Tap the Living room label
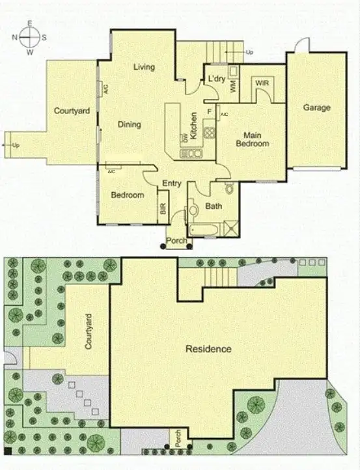pyautogui.click(x=143, y=67)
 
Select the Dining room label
pyautogui.click(x=130, y=124)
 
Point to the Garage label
pyautogui.click(x=316, y=108)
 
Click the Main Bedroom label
pyautogui.click(x=252, y=139)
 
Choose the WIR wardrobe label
pyautogui.click(x=262, y=84)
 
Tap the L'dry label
pyautogui.click(x=217, y=79)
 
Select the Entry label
pyautogui.click(x=172, y=184)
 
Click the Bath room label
pyautogui.click(x=213, y=206)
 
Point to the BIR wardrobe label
pyautogui.click(x=162, y=209)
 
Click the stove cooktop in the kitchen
pyautogui.click(x=209, y=132)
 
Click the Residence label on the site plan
pyautogui.click(x=208, y=349)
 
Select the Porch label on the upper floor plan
pyautogui.click(x=178, y=242)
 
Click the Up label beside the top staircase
pyautogui.click(x=249, y=52)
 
